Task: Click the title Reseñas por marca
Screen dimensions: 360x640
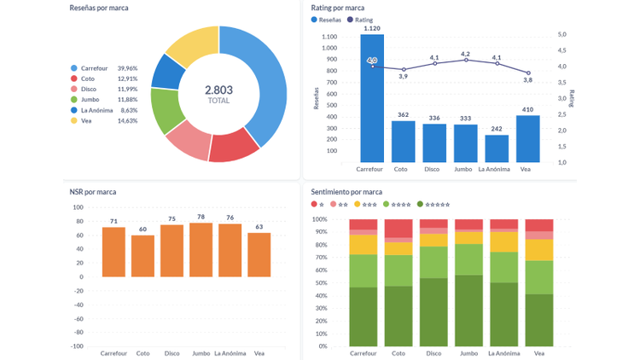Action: pos(99,8)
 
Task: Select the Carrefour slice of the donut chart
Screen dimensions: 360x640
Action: pos(267,85)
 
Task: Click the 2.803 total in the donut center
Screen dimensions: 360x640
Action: pos(218,90)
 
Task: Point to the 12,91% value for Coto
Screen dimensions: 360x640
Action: pos(127,78)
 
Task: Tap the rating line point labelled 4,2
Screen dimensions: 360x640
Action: pos(465,60)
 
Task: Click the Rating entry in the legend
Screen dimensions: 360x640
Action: pos(362,20)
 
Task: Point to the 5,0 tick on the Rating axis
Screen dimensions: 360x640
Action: pos(562,35)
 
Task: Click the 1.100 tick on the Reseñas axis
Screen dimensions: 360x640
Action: pos(329,38)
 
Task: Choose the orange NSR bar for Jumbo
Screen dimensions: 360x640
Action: pos(201,249)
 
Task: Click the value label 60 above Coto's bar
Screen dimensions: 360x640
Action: pos(143,229)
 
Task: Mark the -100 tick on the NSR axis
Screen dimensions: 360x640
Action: pos(77,346)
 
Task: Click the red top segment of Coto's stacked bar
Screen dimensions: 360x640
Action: pos(399,228)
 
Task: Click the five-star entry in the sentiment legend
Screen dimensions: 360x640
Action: pos(433,205)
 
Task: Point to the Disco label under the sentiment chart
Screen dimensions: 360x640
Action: pos(433,353)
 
